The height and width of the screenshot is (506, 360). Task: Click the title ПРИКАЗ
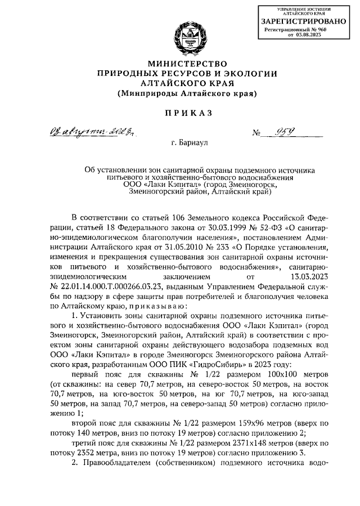click(x=187, y=113)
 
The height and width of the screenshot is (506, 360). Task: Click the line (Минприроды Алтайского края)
click(x=187, y=92)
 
